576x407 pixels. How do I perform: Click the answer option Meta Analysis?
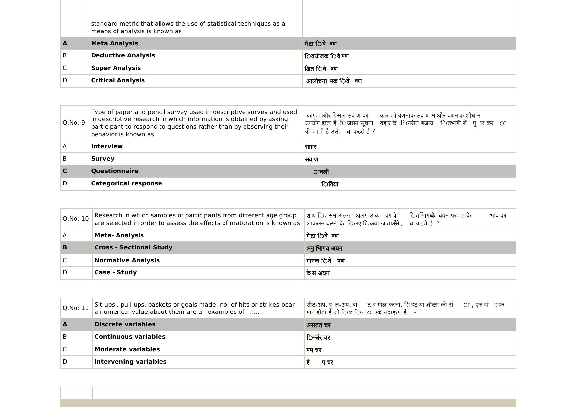[x=114, y=43]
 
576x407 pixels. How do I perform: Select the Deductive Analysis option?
[x=123, y=55]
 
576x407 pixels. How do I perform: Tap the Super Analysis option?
[x=116, y=68]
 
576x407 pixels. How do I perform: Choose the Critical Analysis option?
[x=118, y=80]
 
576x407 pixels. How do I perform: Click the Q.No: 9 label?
[x=74, y=123]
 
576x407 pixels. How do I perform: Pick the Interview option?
[x=107, y=146]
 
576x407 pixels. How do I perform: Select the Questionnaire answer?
[x=115, y=171]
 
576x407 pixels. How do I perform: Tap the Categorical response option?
[x=126, y=183]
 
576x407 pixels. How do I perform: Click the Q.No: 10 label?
[x=75, y=219]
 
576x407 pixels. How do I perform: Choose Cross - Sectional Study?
[x=133, y=247]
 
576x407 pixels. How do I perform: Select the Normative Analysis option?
[x=127, y=260]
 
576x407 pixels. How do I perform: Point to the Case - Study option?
[x=116, y=272]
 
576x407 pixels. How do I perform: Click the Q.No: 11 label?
[x=75, y=308]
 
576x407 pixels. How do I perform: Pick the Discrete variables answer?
[x=125, y=324]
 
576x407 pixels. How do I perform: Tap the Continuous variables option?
[x=130, y=337]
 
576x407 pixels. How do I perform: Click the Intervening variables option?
[x=130, y=362]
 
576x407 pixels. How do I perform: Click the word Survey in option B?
[x=102, y=159]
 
